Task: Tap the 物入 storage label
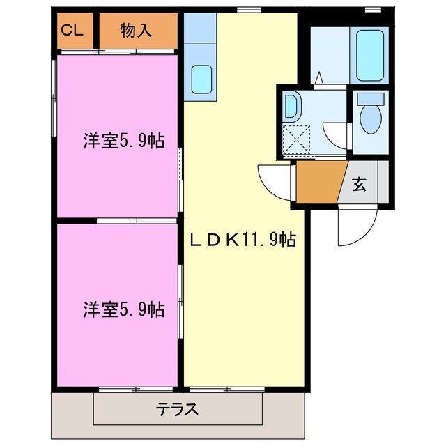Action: coord(137,30)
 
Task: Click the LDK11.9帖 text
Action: coord(244,241)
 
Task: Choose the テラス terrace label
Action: coord(178,409)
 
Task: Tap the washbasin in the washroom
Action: coord(291,107)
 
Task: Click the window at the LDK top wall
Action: coord(245,10)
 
